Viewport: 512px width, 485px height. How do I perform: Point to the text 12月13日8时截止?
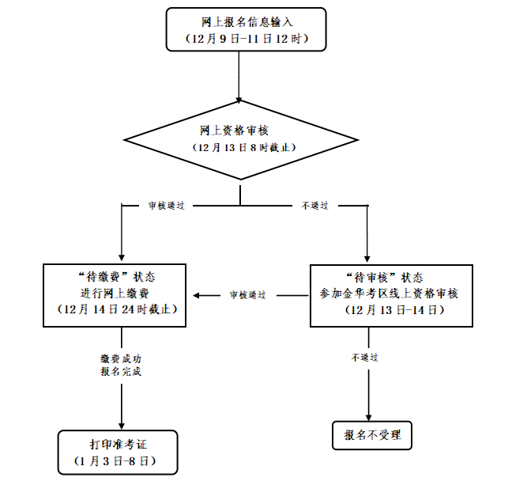point(240,148)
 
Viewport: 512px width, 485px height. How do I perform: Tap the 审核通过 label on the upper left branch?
point(166,206)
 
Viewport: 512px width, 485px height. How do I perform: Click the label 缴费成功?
point(121,358)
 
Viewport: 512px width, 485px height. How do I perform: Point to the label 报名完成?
point(121,372)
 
